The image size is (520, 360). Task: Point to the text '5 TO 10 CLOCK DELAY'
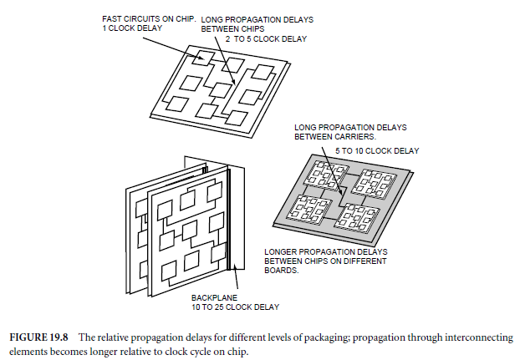378,150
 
